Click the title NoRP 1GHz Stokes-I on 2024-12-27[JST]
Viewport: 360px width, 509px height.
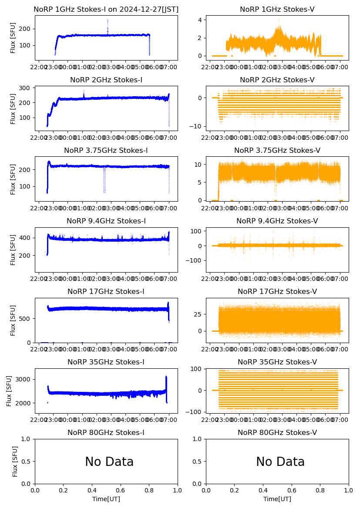click(x=106, y=9)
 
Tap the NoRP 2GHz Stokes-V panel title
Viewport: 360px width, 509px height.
click(x=277, y=80)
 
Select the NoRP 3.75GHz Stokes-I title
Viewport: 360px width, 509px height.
click(x=106, y=150)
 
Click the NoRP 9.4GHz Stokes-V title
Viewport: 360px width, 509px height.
click(x=277, y=221)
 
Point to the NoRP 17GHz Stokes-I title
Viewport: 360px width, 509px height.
click(x=106, y=291)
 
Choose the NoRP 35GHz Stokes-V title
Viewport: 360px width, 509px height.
click(x=277, y=362)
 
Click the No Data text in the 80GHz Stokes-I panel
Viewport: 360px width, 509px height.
click(x=109, y=462)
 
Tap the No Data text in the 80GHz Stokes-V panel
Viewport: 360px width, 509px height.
click(x=280, y=462)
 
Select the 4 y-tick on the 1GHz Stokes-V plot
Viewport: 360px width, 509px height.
click(x=202, y=20)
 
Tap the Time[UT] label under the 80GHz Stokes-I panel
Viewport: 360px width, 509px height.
click(x=106, y=499)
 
